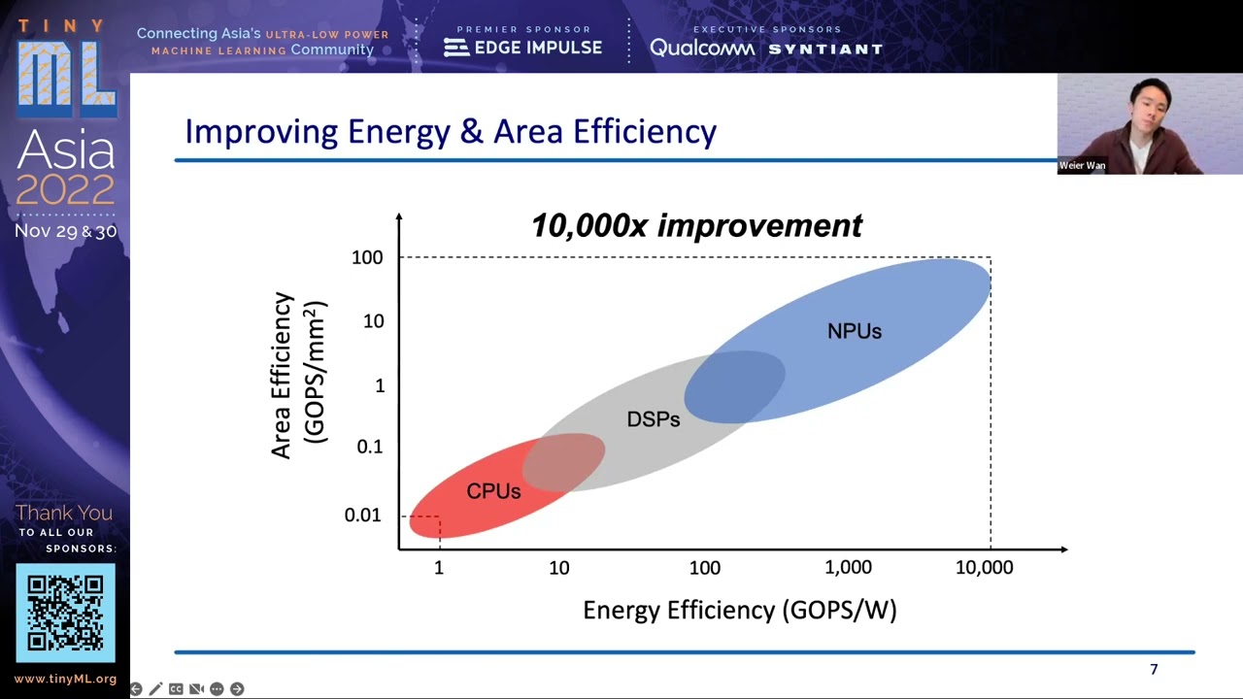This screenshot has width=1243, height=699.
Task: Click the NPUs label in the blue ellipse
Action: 855,331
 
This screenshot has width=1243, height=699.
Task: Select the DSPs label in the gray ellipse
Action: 654,419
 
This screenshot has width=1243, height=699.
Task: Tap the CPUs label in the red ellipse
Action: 493,491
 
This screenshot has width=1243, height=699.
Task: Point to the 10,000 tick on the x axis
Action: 984,568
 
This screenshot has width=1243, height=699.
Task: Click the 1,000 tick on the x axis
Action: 849,568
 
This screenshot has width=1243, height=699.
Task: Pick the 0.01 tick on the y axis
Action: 363,516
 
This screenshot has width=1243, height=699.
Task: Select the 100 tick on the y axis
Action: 367,257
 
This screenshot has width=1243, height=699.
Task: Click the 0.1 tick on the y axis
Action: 370,447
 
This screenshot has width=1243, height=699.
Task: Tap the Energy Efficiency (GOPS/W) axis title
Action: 739,610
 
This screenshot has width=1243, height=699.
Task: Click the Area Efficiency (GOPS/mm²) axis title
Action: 299,375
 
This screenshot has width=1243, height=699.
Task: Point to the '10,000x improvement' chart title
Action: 695,225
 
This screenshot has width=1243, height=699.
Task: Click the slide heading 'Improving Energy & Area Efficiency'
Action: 451,131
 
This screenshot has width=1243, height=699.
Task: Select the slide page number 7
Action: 1154,670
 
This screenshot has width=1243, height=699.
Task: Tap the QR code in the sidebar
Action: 65,613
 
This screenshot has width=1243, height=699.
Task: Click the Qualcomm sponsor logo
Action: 701,48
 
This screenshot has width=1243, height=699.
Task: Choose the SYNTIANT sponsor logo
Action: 825,49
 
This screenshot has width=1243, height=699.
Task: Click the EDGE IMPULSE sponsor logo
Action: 523,48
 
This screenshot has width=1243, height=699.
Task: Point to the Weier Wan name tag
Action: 1082,166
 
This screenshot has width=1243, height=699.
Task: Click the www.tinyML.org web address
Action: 65,680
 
